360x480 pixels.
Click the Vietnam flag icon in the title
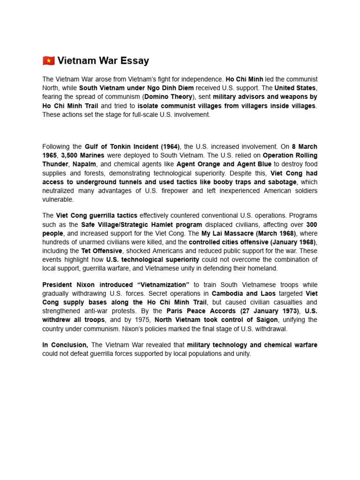click(x=48, y=60)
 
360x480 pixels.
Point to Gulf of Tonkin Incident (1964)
click(x=133, y=146)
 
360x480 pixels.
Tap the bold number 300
click(x=312, y=225)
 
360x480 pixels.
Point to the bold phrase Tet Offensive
click(x=102, y=251)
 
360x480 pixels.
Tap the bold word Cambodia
click(x=227, y=293)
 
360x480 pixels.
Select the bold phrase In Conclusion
click(x=65, y=345)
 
